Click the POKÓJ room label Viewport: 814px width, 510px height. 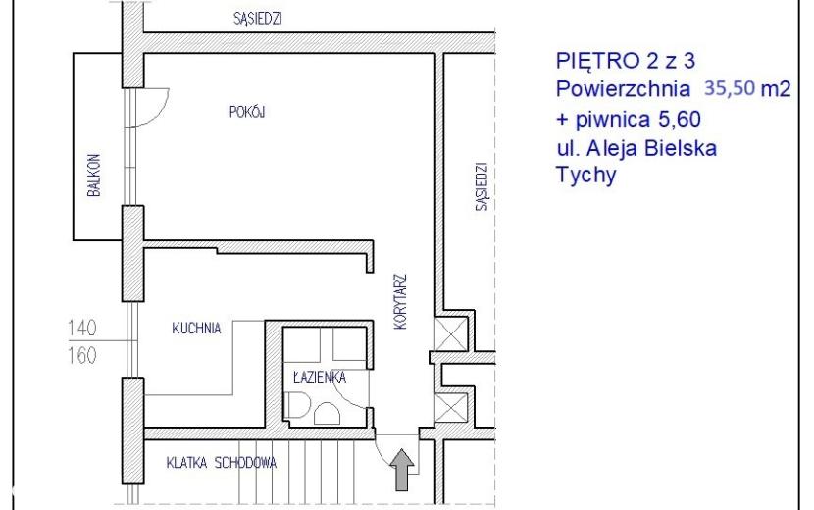point(247,111)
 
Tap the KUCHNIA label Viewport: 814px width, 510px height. point(196,329)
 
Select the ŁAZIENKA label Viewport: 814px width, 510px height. point(320,376)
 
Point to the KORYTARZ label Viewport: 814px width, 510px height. point(400,302)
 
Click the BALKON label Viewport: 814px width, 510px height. point(94,176)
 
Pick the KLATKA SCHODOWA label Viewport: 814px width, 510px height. point(221,462)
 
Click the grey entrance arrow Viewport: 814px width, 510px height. point(402,470)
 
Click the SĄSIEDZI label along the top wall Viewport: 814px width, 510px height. point(258,19)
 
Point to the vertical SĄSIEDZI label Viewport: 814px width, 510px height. point(482,186)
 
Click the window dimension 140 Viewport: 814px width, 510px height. point(82,328)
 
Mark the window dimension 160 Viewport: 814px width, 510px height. point(82,356)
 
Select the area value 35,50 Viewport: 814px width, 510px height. point(730,88)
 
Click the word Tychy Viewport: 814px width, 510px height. point(586,175)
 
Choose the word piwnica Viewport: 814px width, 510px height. point(613,120)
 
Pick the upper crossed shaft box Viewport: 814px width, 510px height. point(451,334)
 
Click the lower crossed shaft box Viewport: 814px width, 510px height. point(451,408)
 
